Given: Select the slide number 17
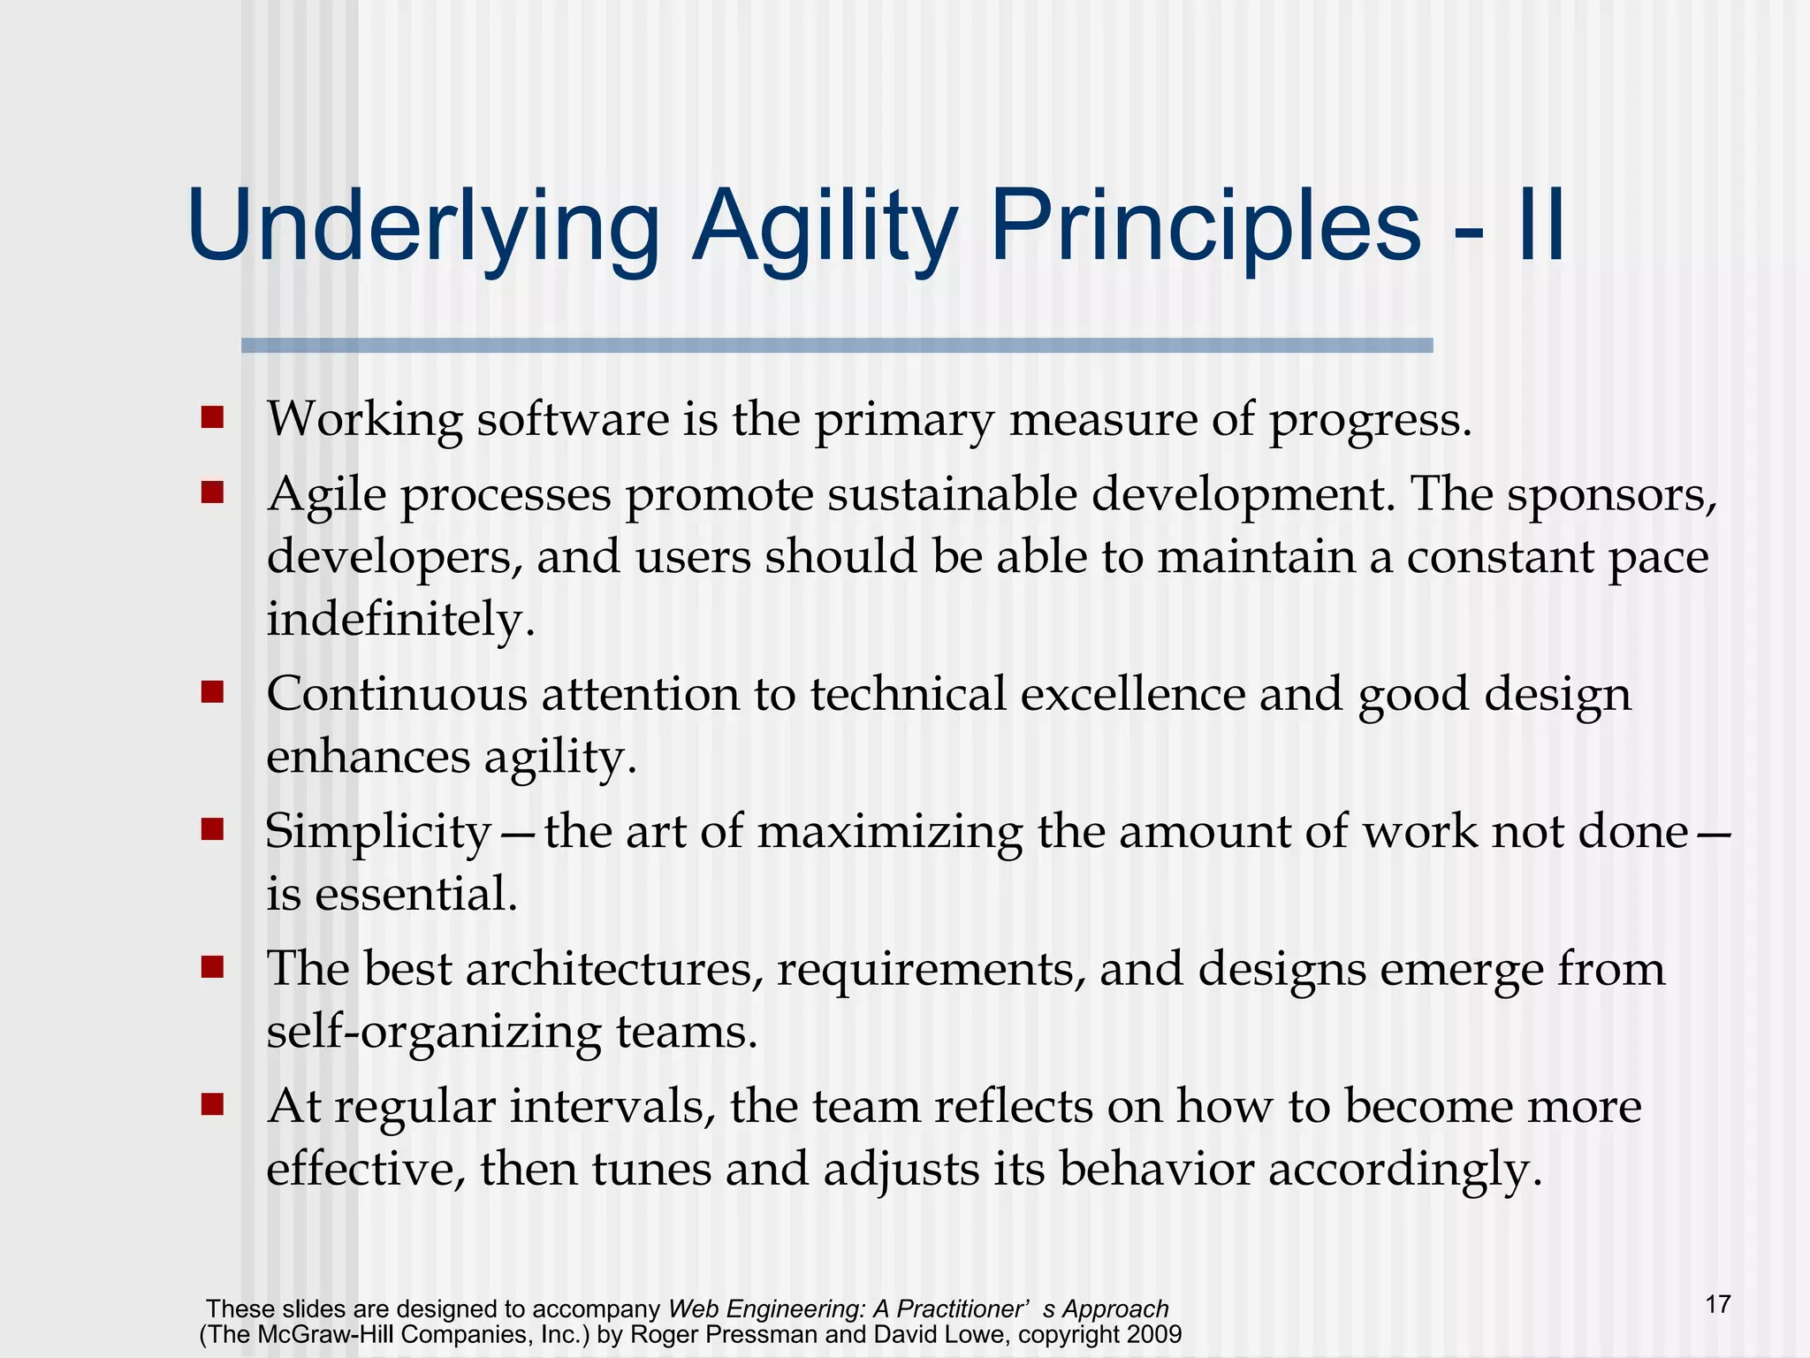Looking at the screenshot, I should (1718, 1304).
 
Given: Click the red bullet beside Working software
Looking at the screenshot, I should (212, 416).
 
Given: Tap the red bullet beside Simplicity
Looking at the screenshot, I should (212, 829).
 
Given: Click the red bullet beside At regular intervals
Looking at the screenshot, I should (212, 1104).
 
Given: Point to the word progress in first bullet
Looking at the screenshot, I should (1370, 421).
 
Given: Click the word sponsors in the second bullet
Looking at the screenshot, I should (1610, 495).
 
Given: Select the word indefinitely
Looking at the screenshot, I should (400, 619).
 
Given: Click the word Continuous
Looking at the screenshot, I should (397, 694).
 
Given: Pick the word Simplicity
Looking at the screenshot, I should (378, 833).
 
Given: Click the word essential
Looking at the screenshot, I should (415, 894).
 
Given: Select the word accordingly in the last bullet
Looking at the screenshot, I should (1405, 1171).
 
